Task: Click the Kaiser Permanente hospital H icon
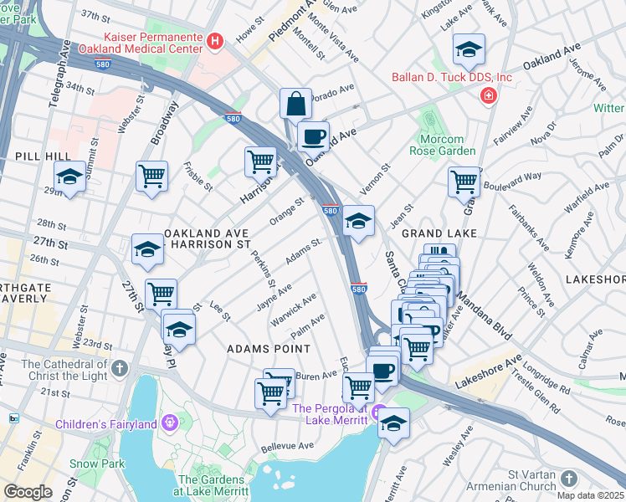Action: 216,40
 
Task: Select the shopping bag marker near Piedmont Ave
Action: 295,105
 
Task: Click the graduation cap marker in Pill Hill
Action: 69,177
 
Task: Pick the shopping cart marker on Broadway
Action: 151,177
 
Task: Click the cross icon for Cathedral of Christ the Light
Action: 121,368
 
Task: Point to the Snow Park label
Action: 108,464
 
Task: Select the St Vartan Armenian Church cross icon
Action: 569,479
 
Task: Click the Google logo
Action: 28,492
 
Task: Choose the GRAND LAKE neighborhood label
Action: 439,233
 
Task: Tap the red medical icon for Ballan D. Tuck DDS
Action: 487,98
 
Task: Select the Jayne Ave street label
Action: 274,297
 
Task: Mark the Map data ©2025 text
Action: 591,495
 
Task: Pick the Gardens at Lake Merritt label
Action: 213,486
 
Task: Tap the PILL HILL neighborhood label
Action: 33,156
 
